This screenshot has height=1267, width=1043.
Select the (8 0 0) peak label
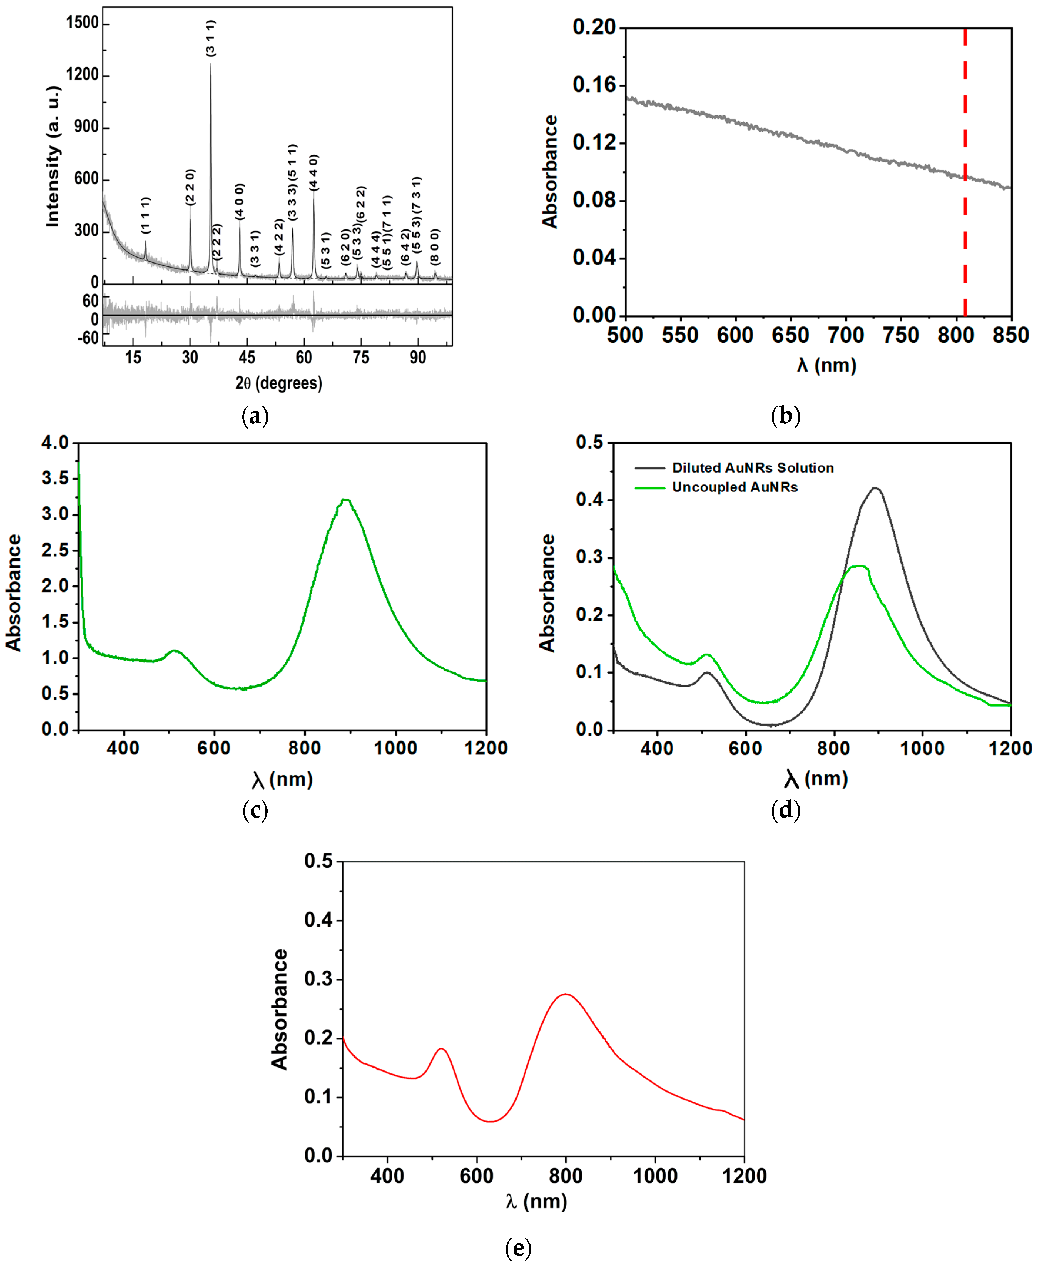pyautogui.click(x=435, y=246)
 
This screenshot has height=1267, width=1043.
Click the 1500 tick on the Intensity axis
pyautogui.click(x=82, y=23)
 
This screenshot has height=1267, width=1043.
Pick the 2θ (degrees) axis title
pyautogui.click(x=279, y=383)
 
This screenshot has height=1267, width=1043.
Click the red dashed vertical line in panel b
pyautogui.click(x=965, y=174)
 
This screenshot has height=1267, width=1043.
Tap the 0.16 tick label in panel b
pyautogui.click(x=594, y=85)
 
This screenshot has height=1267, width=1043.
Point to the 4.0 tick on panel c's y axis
pyautogui.click(x=55, y=443)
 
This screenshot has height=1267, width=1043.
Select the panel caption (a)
pyautogui.click(x=255, y=416)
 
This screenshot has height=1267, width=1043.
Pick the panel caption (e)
pyautogui.click(x=518, y=1248)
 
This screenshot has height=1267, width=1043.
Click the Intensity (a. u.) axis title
pyautogui.click(x=54, y=156)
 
